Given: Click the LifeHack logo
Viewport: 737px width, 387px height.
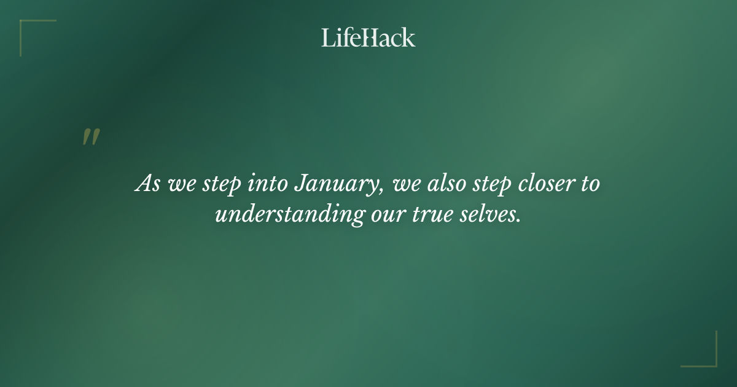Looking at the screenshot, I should [368, 37].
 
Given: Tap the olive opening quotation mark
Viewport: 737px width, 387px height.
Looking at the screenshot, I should [91, 137].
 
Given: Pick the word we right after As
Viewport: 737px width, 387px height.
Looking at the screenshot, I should [179, 184].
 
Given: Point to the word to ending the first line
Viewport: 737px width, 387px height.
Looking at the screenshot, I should [590, 183].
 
